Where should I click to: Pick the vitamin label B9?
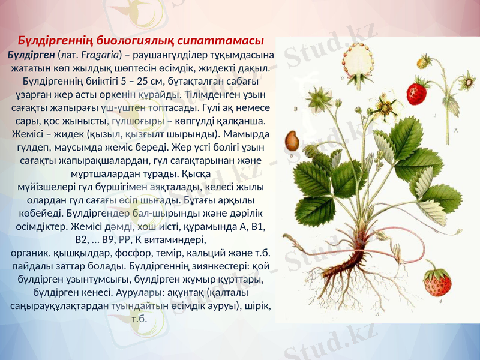tap(110, 239)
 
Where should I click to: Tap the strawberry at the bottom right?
tap(437, 282)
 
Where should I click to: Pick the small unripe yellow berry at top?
tap(424, 62)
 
